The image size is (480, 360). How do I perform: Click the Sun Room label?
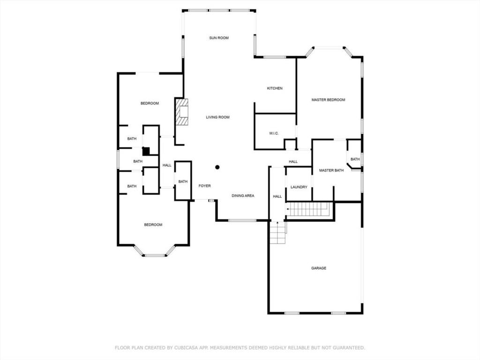click(219, 38)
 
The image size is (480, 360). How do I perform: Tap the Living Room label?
click(217, 117)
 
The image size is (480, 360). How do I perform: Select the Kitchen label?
click(275, 88)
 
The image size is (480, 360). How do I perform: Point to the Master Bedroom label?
click(328, 100)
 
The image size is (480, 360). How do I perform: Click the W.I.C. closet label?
click(274, 134)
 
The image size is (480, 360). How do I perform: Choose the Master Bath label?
click(331, 171)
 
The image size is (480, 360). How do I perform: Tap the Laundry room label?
click(299, 187)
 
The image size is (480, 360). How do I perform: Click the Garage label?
click(319, 268)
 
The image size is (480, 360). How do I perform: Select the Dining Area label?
click(243, 195)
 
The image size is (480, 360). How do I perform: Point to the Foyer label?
click(204, 186)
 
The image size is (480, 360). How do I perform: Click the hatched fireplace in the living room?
click(181, 112)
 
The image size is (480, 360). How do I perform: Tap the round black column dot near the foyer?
click(217, 167)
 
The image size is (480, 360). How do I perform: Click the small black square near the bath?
click(146, 151)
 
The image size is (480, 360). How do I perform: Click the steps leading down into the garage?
click(277, 232)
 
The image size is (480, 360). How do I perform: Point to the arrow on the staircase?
click(288, 209)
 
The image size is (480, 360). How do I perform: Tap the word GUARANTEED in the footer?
click(349, 348)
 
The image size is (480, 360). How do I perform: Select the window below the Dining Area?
click(242, 220)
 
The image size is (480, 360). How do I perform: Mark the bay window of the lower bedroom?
click(155, 251)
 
